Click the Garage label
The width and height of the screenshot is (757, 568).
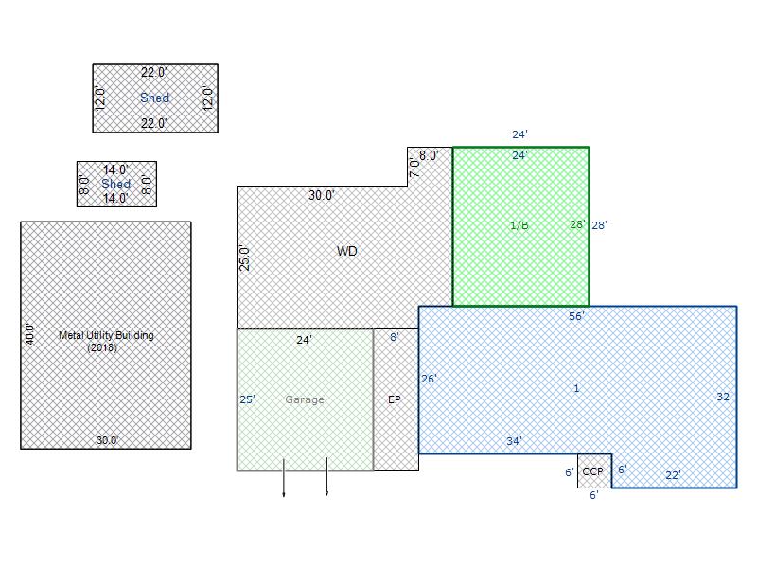[x=304, y=399]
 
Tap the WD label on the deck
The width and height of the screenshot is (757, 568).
[x=346, y=251]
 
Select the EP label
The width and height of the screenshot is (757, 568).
[x=394, y=399]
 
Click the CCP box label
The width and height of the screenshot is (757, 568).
[x=592, y=471]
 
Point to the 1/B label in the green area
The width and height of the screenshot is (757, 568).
[x=519, y=225]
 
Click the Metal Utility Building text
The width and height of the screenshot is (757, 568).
[x=106, y=335]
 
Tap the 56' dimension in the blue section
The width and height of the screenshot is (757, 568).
[x=576, y=316]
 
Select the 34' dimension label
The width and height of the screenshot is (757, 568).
[x=514, y=441]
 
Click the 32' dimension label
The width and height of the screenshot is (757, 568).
[x=724, y=397]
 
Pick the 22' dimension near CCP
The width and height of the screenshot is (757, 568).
[x=673, y=475]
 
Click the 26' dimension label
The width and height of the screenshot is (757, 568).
[x=429, y=379]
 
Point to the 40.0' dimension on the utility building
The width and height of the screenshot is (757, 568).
[x=30, y=334]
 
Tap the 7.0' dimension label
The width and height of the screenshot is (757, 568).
[x=414, y=168]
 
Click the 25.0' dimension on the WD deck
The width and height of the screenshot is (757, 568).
[x=245, y=258]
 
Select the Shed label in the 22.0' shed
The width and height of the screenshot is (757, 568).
[x=154, y=98]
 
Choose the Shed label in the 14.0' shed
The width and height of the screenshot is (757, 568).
[x=115, y=184]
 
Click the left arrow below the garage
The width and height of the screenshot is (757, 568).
[x=283, y=478]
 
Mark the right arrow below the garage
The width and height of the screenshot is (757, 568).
[x=326, y=477]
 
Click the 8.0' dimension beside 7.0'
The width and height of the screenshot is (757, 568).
[x=429, y=155]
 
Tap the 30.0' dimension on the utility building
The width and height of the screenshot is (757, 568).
[x=107, y=440]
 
